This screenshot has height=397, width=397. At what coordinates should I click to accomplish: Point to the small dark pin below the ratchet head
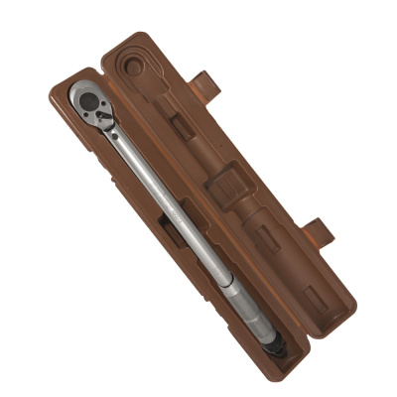115,132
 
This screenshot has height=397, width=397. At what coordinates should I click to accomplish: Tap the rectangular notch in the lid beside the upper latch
184,125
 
